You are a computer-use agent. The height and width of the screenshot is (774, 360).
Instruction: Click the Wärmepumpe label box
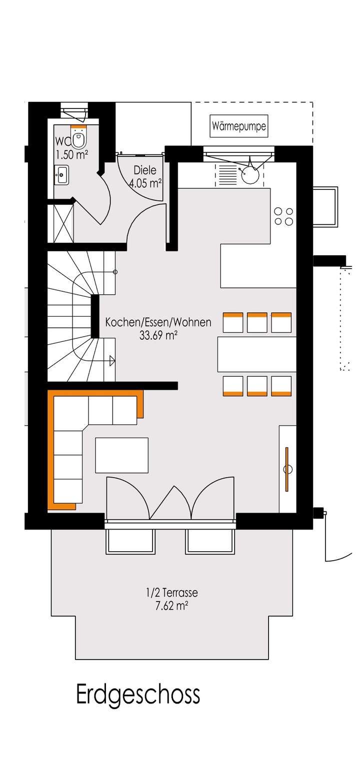238,126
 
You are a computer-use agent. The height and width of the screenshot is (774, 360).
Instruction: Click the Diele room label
145,170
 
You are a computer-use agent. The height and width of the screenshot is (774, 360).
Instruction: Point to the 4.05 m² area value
145,183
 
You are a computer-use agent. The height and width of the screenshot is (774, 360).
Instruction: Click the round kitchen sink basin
250,175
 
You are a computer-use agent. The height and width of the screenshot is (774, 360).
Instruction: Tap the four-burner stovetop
283,216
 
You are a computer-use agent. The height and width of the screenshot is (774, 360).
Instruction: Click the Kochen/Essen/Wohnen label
158,323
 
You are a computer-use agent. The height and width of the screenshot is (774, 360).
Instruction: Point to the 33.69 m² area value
158,335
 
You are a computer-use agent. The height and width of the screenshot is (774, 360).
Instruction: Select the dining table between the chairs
256,354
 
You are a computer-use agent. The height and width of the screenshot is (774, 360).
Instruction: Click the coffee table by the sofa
121,455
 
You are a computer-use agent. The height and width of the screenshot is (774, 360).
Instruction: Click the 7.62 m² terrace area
171,606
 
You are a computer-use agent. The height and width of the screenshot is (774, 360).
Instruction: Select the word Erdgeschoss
138,695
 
